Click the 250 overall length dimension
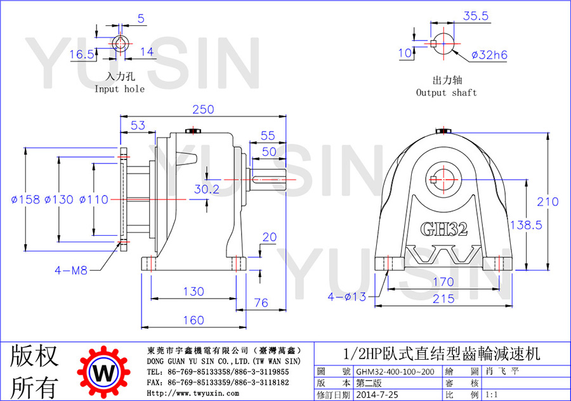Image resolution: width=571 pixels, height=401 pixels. tap(203, 109)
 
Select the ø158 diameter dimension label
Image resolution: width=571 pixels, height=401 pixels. tap(25, 200)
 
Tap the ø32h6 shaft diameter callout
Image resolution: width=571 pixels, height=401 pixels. tap(489, 55)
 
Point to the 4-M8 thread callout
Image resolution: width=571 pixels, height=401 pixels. tap(71, 270)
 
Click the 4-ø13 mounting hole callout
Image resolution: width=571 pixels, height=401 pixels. tap(347, 297)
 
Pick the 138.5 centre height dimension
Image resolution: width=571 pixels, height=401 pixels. tap(526, 225)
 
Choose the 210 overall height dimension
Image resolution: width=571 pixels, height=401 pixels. tap(548, 202)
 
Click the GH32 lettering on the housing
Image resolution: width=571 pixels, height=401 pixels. tap(444, 229)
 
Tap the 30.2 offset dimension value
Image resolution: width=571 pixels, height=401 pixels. tap(207, 189)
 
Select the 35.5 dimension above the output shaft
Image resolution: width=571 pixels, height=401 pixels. tap(476, 16)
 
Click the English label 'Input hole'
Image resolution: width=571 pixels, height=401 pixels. tap(119, 89)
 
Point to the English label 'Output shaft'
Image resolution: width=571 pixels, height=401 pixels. tap(447, 93)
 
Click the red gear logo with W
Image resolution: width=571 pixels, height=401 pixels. tap(104, 372)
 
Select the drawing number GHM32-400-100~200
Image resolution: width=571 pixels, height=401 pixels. tap(395, 372)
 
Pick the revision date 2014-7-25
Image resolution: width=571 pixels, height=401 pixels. tap(377, 395)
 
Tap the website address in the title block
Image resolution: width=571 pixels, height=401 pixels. tap(193, 393)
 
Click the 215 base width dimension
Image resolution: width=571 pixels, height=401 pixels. tap(443, 299)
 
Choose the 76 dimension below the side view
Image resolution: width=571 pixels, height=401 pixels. tap(261, 303)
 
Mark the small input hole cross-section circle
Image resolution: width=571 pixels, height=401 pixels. tap(119, 44)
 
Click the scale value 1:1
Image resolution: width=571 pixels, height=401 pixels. tap(492, 395)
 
